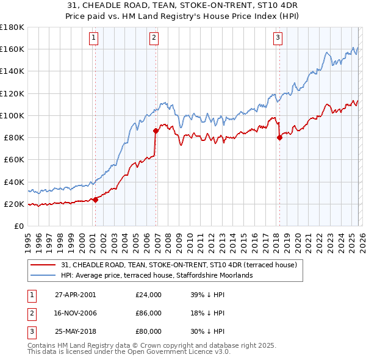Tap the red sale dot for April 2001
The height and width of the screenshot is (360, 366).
96,200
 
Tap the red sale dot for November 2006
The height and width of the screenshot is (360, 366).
156,131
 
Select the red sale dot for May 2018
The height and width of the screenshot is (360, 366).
279,137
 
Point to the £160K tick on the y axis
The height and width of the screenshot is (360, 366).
12,49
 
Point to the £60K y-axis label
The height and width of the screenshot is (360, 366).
13,159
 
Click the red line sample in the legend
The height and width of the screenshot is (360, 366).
44,265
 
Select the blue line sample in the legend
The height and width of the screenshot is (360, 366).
44,275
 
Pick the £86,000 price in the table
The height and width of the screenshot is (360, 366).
148,313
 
